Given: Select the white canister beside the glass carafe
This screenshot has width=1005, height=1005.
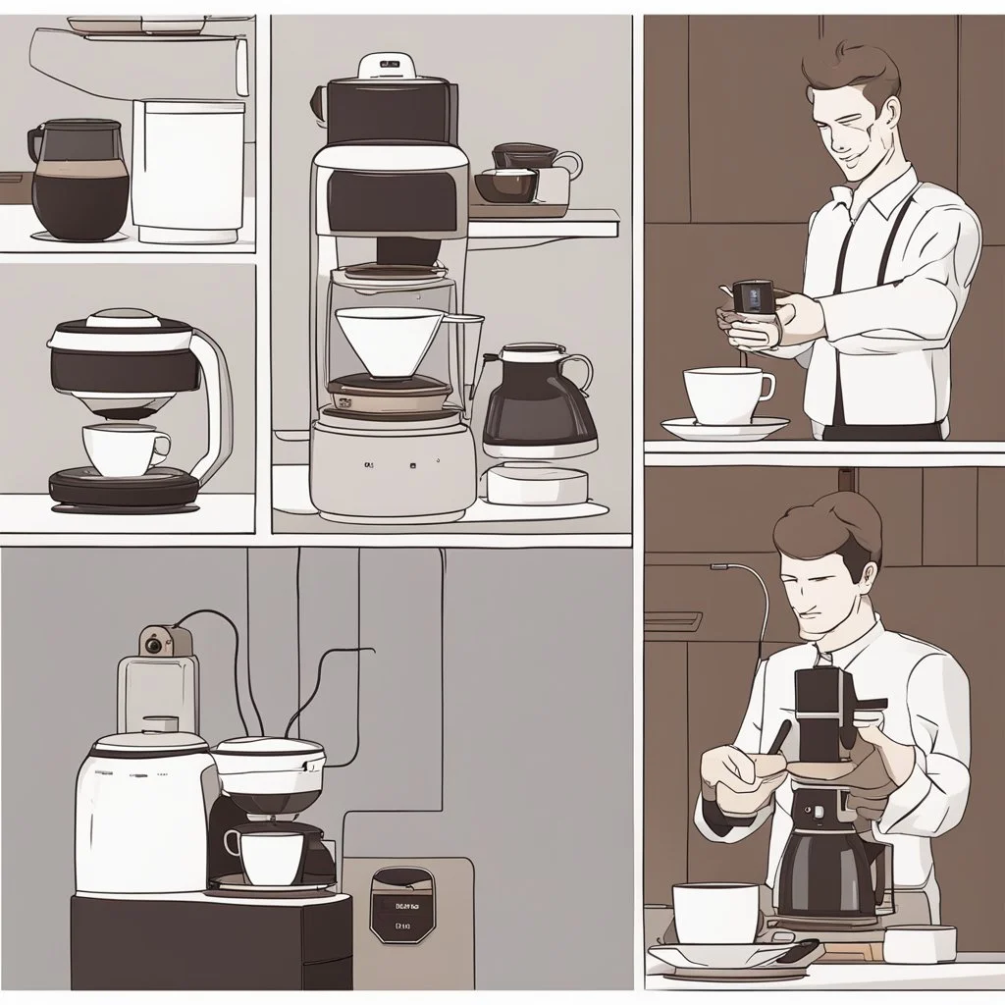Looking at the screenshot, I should pyautogui.click(x=187, y=171).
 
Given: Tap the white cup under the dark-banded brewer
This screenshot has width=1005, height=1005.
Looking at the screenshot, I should pyautogui.click(x=123, y=450).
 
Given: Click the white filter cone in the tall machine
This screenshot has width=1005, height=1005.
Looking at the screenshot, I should pyautogui.click(x=388, y=340).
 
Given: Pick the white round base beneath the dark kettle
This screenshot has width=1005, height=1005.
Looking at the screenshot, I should pyautogui.click(x=536, y=484).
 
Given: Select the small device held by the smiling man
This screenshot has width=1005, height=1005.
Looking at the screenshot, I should pyautogui.click(x=753, y=297).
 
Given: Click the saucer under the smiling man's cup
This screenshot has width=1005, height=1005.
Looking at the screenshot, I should pyautogui.click(x=725, y=428).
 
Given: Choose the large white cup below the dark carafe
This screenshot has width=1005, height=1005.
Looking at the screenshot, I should pyautogui.click(x=716, y=912).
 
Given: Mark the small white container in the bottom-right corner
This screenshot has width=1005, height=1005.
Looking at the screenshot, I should pyautogui.click(x=920, y=944).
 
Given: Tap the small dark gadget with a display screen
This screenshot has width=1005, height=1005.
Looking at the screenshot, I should pyautogui.click(x=401, y=904).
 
